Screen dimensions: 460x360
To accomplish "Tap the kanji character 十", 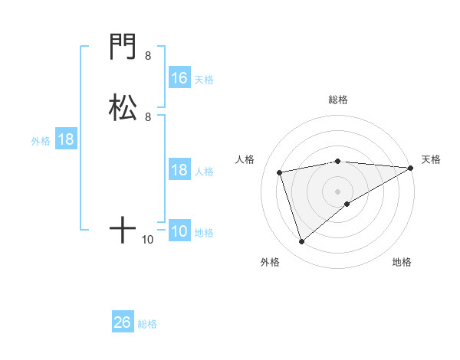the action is coord(123,229).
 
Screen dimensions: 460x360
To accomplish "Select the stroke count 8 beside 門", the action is coord(148,56).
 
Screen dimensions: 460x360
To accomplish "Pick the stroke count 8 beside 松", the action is coord(148,116).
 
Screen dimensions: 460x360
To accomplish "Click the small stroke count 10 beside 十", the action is coord(148,240).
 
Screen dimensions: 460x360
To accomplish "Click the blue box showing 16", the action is coord(179,78).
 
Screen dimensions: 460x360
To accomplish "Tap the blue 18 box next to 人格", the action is coord(179,170).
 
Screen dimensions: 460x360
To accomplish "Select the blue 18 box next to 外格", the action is coord(66,140).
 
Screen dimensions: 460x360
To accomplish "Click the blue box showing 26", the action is coord(123,322).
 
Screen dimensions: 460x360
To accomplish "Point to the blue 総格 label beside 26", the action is coord(147,324).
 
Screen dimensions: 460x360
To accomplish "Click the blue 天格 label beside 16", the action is coord(204,80).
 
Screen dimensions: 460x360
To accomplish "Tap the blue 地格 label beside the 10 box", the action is coord(204,233).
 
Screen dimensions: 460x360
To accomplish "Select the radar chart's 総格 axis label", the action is coord(338,100).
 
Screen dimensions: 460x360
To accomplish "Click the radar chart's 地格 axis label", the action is coord(402,263).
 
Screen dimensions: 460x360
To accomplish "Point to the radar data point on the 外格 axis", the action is coord(301,242).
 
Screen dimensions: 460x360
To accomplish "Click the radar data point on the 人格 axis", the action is coord(280,172).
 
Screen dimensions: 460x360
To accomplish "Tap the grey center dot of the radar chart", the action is coord(338,191).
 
